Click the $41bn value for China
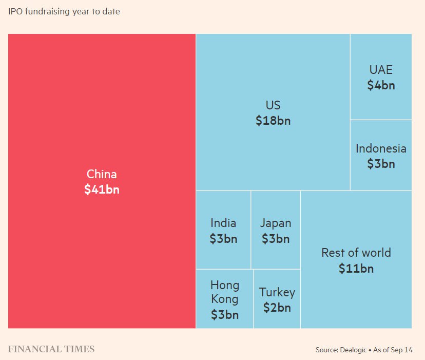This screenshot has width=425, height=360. [x=102, y=189]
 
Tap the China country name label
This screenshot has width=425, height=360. [x=102, y=174]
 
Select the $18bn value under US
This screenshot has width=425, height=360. [x=273, y=121]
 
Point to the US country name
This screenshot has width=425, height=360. [x=273, y=105]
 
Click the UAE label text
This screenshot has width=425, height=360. [x=381, y=70]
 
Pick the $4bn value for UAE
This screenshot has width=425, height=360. [x=381, y=85]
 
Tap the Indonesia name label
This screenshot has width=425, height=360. [x=381, y=148]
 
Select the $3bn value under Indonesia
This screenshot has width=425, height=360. [x=381, y=164]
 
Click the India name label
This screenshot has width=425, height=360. [x=223, y=223]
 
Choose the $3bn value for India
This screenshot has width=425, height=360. [x=223, y=238]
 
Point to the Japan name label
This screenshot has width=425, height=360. [x=276, y=223]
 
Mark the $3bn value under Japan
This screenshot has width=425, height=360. [x=276, y=238]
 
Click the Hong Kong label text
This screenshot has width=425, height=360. [x=225, y=292]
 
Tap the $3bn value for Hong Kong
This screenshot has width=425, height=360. [x=225, y=314]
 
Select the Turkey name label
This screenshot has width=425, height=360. [x=277, y=292]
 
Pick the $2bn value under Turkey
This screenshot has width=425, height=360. [x=277, y=308]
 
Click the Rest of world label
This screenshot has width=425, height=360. [x=356, y=253]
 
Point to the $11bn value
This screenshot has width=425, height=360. [x=356, y=268]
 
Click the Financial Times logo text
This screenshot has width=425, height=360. [x=51, y=349]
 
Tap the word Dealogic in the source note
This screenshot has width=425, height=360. [x=353, y=350]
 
